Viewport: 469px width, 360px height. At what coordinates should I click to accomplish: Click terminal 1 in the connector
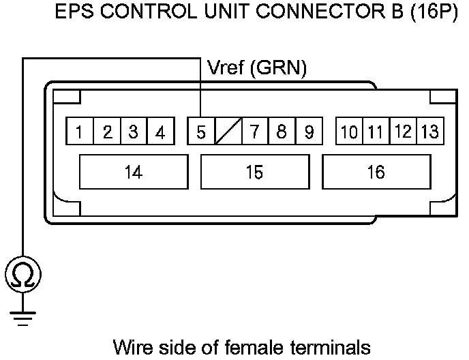[80, 132]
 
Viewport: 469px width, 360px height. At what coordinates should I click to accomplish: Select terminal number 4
[160, 132]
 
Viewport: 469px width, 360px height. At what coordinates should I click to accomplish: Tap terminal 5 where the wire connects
[200, 132]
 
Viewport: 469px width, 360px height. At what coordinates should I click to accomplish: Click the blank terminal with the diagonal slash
[227, 132]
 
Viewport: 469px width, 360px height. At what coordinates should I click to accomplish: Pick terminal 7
[254, 132]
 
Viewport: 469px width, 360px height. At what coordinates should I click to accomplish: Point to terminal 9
[308, 132]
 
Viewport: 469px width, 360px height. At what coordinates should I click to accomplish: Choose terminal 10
[349, 132]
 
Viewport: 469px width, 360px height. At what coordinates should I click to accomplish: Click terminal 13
[429, 132]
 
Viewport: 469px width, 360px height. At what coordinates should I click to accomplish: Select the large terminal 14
[134, 172]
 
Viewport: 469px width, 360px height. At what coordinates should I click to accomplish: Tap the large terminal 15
[254, 172]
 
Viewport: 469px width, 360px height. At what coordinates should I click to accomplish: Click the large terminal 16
[376, 172]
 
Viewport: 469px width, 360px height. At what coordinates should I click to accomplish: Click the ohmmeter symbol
[23, 275]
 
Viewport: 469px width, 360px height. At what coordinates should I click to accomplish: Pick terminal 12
[403, 132]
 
